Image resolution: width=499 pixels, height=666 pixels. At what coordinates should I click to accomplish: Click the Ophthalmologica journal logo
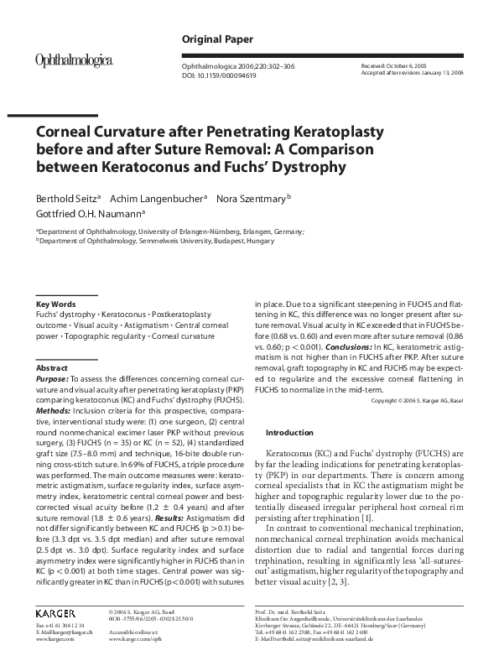[73, 60]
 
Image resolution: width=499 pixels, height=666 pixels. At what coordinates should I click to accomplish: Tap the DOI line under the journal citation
[222, 74]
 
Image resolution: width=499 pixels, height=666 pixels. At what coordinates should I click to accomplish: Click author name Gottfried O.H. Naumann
[88, 214]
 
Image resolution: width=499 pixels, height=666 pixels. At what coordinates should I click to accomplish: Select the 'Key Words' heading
[56, 304]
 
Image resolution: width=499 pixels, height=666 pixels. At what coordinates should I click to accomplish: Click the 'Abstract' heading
[51, 368]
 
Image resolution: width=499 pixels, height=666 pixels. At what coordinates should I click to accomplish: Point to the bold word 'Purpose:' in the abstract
[52, 379]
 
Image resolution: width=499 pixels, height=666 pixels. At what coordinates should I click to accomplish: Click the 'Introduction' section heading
[289, 433]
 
